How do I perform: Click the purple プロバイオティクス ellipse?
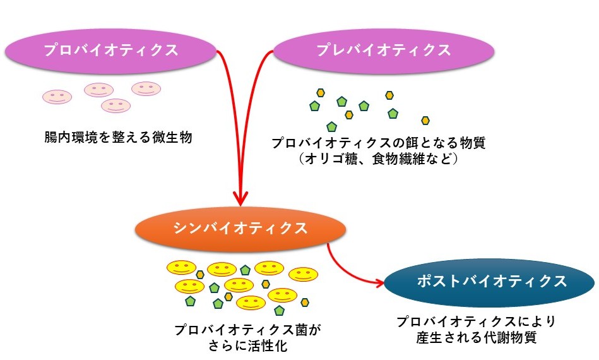(x=110, y=51)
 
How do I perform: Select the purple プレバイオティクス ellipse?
(x=384, y=51)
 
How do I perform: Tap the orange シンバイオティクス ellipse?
(x=240, y=228)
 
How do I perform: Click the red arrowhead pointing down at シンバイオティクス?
(x=240, y=195)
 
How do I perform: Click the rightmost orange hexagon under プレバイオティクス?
(x=425, y=120)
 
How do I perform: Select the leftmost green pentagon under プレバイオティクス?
(x=314, y=105)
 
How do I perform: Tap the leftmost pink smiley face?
(x=57, y=97)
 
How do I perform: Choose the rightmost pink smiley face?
(x=146, y=89)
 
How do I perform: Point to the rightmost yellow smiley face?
(x=303, y=274)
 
